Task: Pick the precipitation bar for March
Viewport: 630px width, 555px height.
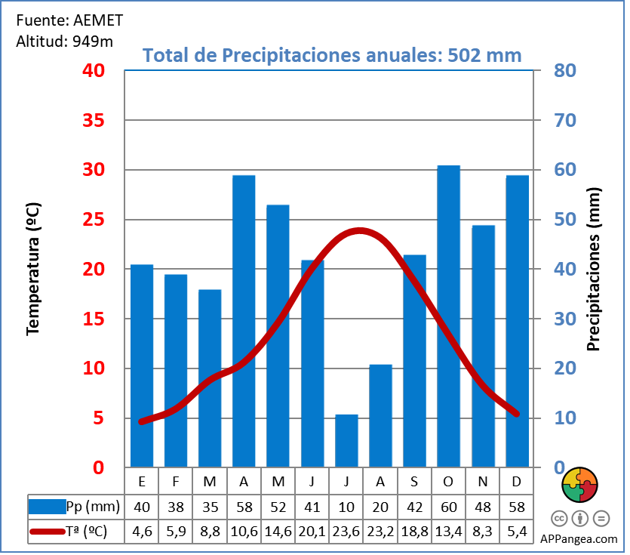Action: point(210,378)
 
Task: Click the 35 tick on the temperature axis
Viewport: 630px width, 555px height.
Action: point(104,121)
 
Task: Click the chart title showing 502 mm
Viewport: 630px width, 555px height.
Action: point(332,56)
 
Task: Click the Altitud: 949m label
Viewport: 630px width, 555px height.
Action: point(64,41)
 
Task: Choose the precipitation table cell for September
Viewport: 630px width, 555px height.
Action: point(414,506)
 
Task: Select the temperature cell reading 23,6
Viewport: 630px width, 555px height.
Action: point(346,531)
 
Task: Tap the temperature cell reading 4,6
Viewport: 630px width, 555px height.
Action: point(142,531)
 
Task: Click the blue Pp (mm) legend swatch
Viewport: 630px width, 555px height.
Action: point(46,506)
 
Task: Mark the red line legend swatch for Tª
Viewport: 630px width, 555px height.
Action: point(46,532)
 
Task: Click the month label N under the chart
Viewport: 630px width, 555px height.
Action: point(483,481)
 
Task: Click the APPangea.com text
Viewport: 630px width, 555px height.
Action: point(579,539)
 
